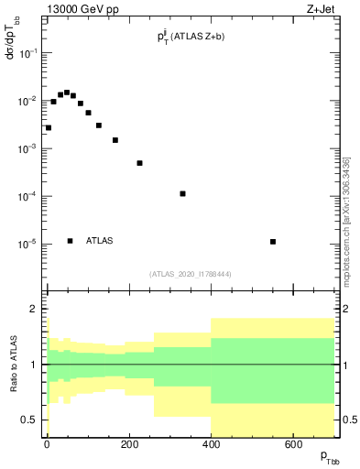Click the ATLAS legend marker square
point(71,241)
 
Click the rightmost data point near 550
point(273,242)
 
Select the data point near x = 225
point(140,163)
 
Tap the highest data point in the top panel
point(67,93)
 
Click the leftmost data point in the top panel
point(49,128)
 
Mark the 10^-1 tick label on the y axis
point(31,53)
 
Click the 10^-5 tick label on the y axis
point(31,245)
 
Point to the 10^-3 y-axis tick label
point(31,148)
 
